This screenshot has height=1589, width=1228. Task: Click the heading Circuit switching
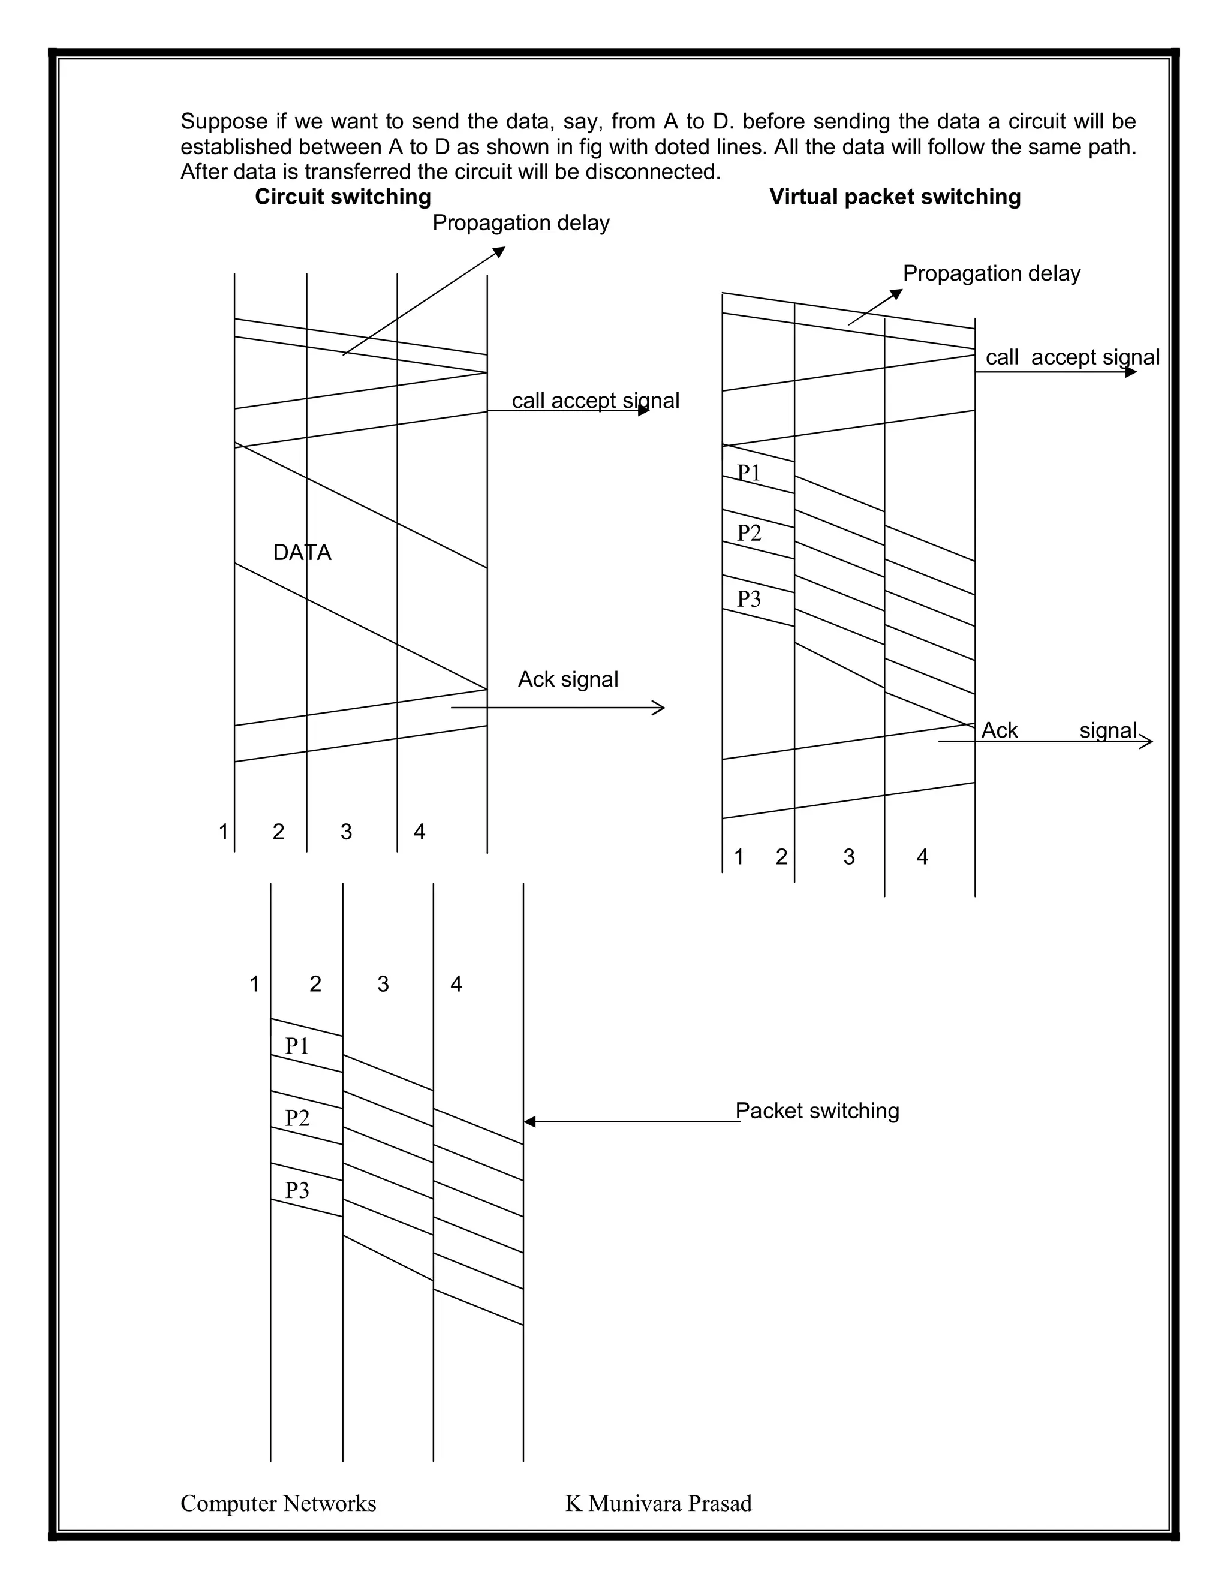coord(342,197)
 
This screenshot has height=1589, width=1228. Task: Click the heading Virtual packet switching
coord(895,197)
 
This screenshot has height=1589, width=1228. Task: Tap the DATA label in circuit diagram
coord(302,553)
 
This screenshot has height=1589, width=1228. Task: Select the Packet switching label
coord(817,1111)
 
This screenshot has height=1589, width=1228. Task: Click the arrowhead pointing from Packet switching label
coord(529,1122)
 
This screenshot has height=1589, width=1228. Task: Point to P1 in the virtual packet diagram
coord(748,473)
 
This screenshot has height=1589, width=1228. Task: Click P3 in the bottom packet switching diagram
coord(297,1190)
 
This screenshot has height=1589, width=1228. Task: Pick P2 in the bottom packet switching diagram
coord(297,1118)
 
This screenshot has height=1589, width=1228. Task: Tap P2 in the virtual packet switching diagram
coord(748,533)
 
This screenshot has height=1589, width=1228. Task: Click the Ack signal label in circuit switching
coord(567,679)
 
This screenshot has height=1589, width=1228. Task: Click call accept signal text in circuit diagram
coord(595,401)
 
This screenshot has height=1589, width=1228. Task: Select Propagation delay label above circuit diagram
coord(521,224)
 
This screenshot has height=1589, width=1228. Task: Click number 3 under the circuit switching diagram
coord(347,832)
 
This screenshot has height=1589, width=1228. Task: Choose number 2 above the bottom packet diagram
coord(315,985)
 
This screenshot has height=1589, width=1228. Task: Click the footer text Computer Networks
coord(278,1504)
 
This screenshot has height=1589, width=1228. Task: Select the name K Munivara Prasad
coord(658,1504)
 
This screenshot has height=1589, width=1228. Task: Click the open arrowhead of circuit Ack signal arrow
coord(660,707)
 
